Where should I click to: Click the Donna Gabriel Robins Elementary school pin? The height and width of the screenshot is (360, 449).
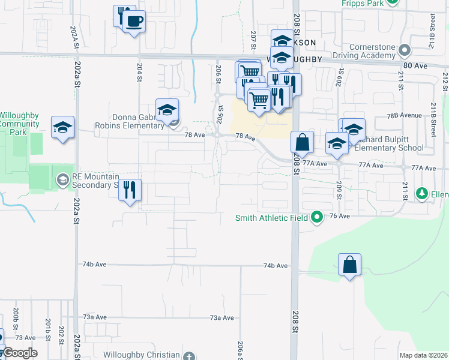click(x=167, y=109)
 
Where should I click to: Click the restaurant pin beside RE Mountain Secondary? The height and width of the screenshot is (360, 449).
click(x=130, y=190)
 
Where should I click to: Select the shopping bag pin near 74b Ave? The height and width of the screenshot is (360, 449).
click(x=350, y=265)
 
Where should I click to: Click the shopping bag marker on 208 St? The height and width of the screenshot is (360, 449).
click(x=303, y=142)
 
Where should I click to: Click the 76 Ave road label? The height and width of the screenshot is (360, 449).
click(x=339, y=216)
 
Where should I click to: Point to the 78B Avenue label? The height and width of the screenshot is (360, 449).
click(x=404, y=115)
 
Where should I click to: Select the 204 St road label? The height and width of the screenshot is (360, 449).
click(x=139, y=71)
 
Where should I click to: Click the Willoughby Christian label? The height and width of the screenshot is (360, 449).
click(x=141, y=355)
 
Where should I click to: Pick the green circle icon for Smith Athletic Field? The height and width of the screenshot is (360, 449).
click(x=318, y=217)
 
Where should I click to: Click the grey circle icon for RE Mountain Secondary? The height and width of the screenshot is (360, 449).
click(x=62, y=179)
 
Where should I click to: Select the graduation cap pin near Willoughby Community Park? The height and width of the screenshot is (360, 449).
click(x=62, y=127)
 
